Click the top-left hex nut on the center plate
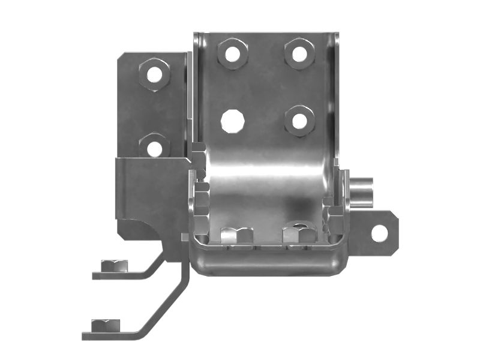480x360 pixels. pyautogui.click(x=233, y=53)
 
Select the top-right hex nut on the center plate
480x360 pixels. pyautogui.click(x=299, y=53)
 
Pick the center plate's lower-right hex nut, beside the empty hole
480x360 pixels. pyautogui.click(x=299, y=121)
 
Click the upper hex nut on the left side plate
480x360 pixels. pyautogui.click(x=154, y=74)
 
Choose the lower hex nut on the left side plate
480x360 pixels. pyautogui.click(x=154, y=147)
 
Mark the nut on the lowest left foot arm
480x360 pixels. pyautogui.click(x=106, y=326)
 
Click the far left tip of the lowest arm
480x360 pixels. pyautogui.click(x=85, y=335)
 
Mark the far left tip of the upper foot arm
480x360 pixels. pyautogui.click(x=95, y=275)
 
